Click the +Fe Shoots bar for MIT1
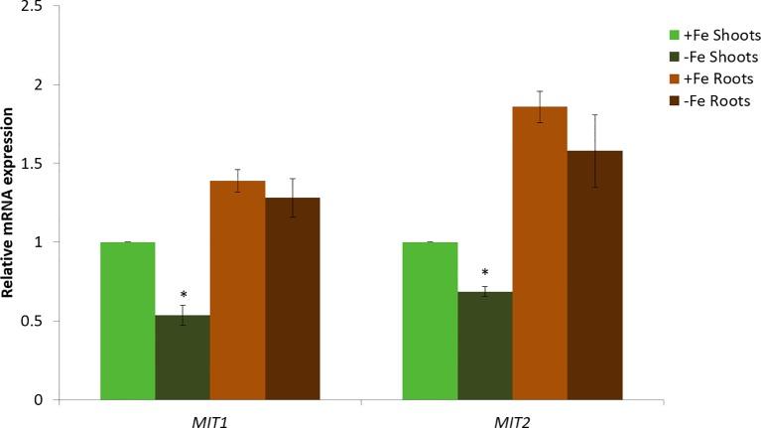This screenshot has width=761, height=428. point(127,321)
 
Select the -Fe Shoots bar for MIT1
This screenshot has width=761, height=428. point(183,357)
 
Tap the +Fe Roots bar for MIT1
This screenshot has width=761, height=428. point(237,290)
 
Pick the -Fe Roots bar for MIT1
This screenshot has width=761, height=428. point(293,298)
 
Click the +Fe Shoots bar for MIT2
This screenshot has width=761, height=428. point(429,321)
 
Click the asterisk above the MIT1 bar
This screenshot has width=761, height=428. point(184,295)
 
